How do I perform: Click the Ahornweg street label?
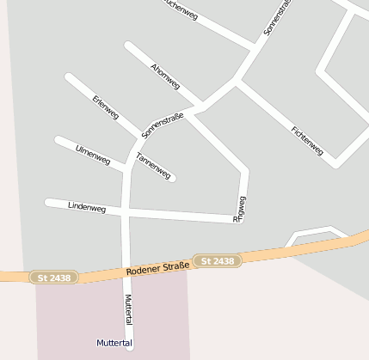click(164, 76)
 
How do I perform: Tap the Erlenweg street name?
click(105, 107)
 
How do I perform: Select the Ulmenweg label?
click(93, 155)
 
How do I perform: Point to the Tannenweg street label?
click(153, 165)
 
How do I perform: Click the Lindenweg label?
click(87, 207)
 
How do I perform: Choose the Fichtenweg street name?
click(307, 141)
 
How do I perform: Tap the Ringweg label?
click(240, 209)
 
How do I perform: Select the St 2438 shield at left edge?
click(53, 278)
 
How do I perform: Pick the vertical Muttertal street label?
click(129, 308)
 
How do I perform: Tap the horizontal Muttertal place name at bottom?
click(114, 343)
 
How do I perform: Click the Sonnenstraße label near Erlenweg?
click(163, 125)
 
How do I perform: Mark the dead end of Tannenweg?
click(172, 179)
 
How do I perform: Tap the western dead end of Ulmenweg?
click(58, 139)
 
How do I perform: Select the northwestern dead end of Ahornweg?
click(128, 45)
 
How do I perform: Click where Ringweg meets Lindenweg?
click(241, 220)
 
